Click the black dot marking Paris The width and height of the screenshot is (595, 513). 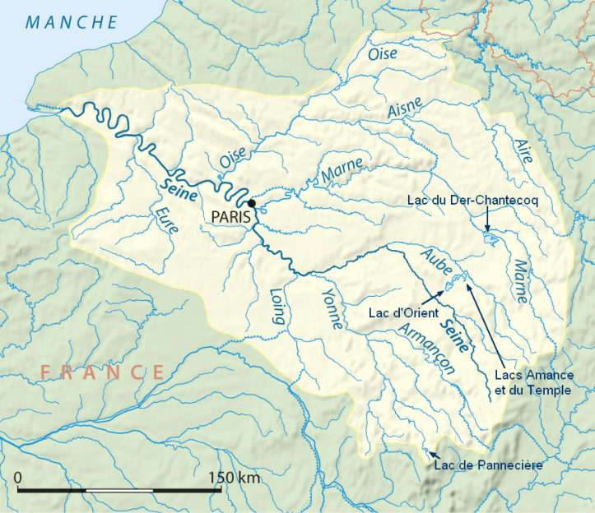[x=252, y=203]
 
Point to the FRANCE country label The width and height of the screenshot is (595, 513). [x=103, y=372]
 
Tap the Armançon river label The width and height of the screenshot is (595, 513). [x=425, y=348]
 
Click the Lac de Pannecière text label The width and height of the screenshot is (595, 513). [x=488, y=465]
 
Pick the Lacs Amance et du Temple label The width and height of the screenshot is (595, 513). [x=532, y=381]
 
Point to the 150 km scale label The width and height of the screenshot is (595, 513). [x=234, y=478]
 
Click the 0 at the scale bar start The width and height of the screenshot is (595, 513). [x=18, y=478]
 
